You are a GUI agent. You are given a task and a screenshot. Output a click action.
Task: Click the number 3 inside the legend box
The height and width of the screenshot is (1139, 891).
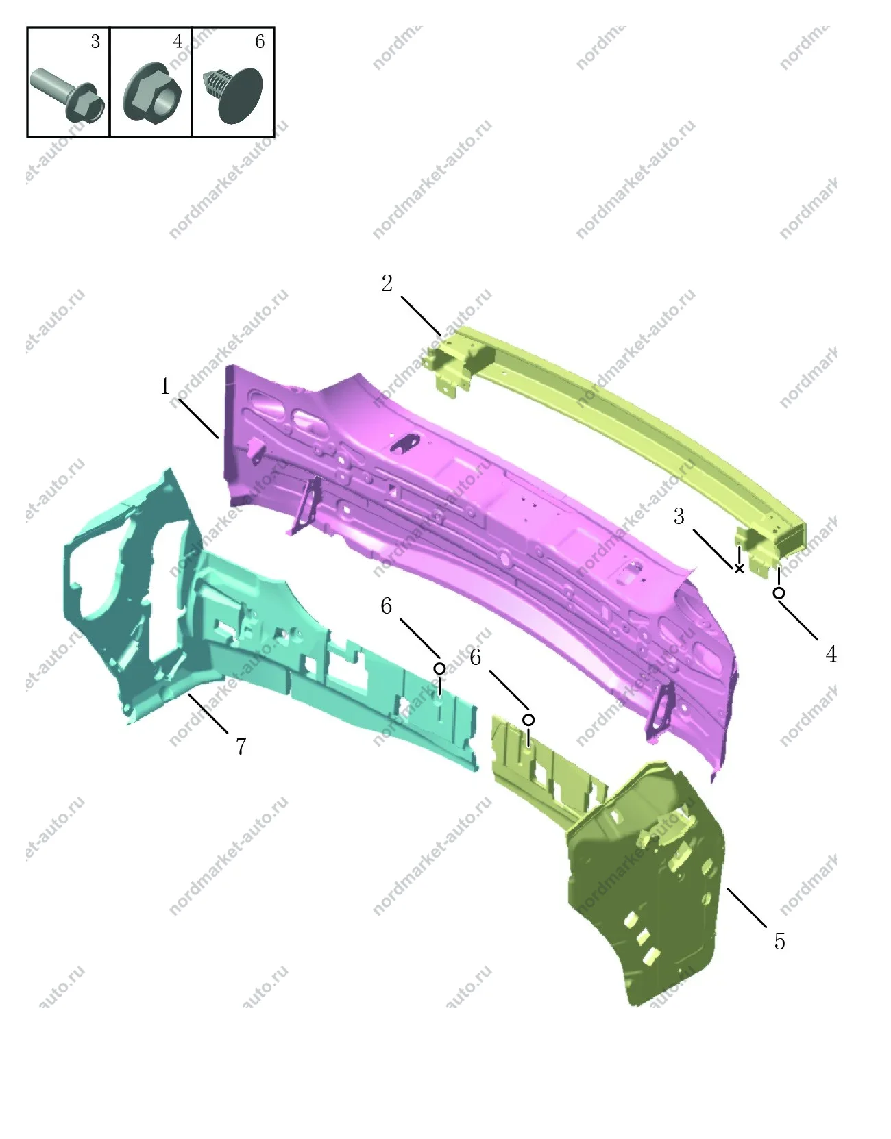coord(95,41)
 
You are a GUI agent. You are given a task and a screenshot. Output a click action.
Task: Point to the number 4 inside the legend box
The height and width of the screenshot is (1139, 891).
coord(178,41)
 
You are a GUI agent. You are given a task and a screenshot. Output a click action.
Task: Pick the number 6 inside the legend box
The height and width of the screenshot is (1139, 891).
coord(260,41)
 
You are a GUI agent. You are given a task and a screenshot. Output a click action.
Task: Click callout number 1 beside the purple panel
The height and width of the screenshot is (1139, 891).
coord(165,386)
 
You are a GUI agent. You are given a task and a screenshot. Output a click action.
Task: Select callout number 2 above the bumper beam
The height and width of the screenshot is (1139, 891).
coord(387,284)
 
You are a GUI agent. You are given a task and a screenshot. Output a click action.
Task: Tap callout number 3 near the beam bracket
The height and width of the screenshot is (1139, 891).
coord(679,516)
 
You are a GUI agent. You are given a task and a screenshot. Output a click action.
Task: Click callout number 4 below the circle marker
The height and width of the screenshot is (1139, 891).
coord(831,654)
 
